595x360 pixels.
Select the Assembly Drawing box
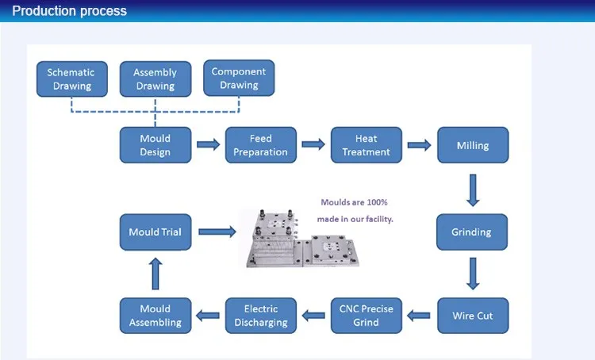click(x=155, y=79)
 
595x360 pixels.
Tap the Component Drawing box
click(x=239, y=78)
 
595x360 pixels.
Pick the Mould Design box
click(x=155, y=145)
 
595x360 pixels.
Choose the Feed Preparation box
click(x=260, y=145)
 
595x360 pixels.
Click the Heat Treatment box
click(x=366, y=145)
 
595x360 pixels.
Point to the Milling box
click(x=473, y=145)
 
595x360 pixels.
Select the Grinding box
click(x=471, y=232)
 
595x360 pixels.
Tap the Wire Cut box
click(x=473, y=316)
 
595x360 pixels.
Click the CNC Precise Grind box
click(x=366, y=316)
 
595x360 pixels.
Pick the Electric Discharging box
click(x=260, y=316)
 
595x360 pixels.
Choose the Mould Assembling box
click(x=155, y=316)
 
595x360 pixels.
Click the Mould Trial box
click(x=155, y=232)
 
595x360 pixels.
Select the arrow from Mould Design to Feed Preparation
click(x=208, y=145)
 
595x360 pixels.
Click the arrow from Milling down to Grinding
click(x=473, y=190)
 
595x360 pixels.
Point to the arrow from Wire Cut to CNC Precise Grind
click(x=419, y=316)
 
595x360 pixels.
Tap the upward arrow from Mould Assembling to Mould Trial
click(x=155, y=274)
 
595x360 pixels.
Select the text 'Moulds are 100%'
click(x=354, y=202)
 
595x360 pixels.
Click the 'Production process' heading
click(x=69, y=11)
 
